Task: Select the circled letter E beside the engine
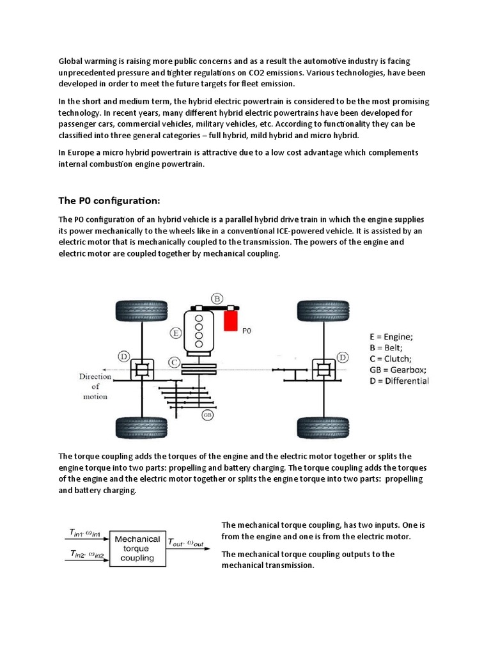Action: pyautogui.click(x=176, y=332)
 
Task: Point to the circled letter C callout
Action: pyautogui.click(x=173, y=363)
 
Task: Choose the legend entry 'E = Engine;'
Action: pyautogui.click(x=391, y=336)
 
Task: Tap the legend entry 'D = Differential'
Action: pyautogui.click(x=400, y=381)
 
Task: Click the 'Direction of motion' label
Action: pyautogui.click(x=95, y=386)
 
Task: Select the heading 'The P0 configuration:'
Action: pyautogui.click(x=109, y=200)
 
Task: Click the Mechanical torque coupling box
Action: pyautogui.click(x=137, y=548)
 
